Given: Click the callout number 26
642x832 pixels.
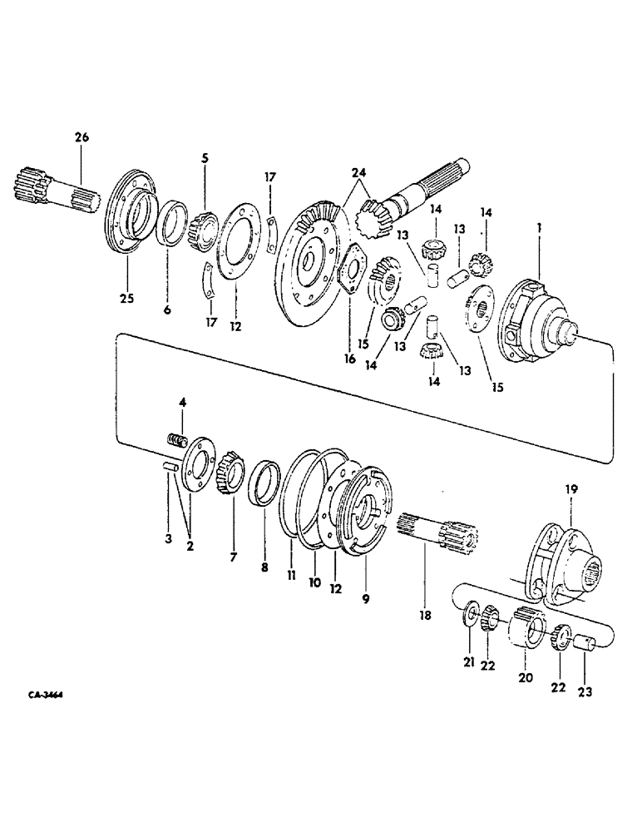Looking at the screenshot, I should pos(81,138).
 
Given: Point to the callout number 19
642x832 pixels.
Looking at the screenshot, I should pos(573,490).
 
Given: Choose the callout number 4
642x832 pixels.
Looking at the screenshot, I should pos(183,404).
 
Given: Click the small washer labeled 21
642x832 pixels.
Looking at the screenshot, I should pos(471,614).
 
